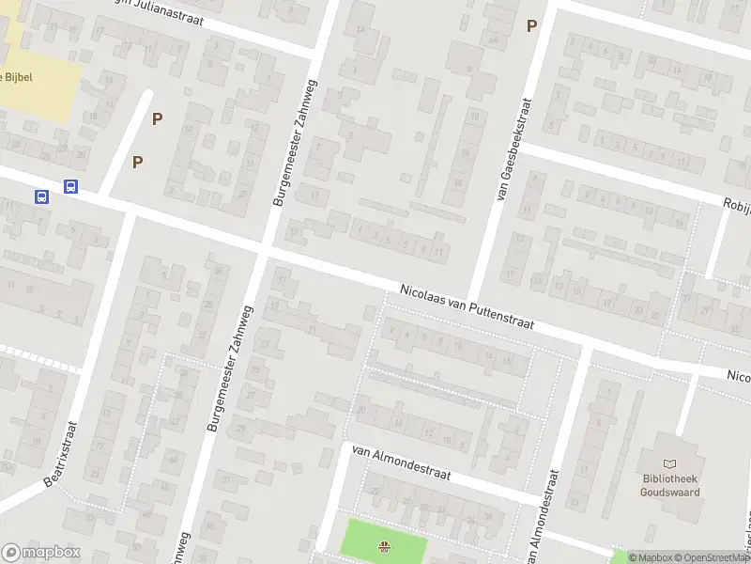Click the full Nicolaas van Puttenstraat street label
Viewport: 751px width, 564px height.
tap(467, 307)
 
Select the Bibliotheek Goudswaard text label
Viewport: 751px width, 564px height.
tap(670, 485)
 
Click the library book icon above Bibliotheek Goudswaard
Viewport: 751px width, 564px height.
tap(669, 463)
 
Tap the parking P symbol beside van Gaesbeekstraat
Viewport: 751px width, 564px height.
tap(531, 26)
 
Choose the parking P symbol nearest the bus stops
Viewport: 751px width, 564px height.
tap(138, 162)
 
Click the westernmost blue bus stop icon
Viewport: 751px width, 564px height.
tap(42, 196)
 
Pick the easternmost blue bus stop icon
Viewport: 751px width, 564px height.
tap(70, 187)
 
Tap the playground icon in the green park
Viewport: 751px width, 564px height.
tap(383, 546)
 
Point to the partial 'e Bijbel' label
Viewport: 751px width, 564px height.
tap(17, 77)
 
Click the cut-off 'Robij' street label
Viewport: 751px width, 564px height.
tap(736, 203)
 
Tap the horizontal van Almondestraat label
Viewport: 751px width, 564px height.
tap(401, 463)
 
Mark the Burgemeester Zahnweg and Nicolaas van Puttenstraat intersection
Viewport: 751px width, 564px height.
tap(265, 251)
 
